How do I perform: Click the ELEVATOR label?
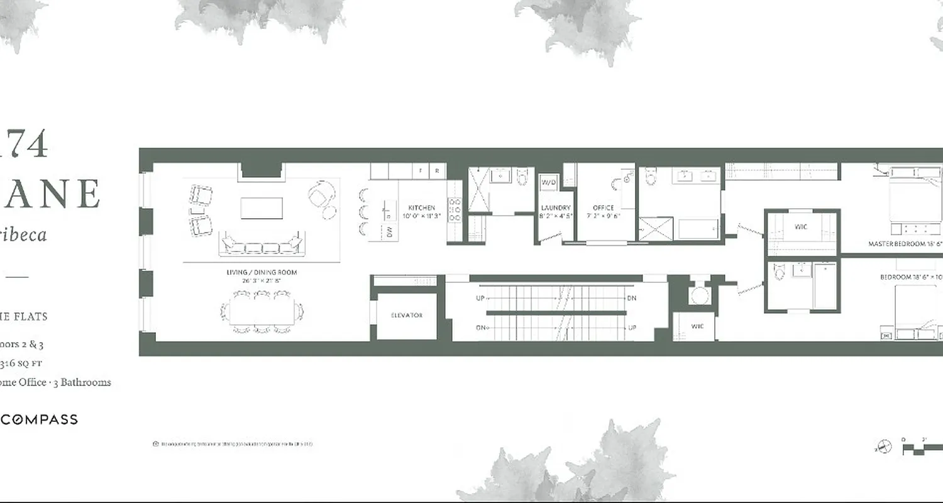click(x=407, y=315)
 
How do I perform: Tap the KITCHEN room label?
click(x=421, y=207)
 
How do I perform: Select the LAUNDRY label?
click(x=556, y=207)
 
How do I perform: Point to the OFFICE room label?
click(x=604, y=207)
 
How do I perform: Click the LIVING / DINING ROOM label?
click(x=262, y=272)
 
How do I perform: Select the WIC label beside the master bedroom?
click(x=801, y=226)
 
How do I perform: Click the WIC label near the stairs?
click(x=697, y=326)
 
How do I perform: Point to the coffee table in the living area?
click(x=262, y=208)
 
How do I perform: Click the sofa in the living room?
click(x=262, y=245)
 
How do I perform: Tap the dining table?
click(x=262, y=312)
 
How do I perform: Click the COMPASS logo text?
click(x=39, y=419)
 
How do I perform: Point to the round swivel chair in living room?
click(x=321, y=195)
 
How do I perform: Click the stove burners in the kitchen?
click(x=454, y=211)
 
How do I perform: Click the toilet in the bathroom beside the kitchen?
click(x=522, y=178)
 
